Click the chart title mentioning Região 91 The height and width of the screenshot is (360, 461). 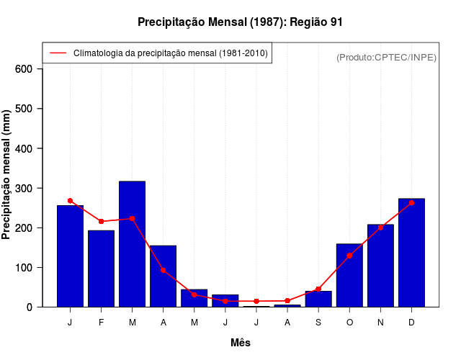[x=240, y=22]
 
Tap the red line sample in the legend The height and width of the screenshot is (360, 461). [x=58, y=53]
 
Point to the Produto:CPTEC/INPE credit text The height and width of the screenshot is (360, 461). [x=386, y=57]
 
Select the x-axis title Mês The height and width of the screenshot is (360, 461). [x=241, y=343]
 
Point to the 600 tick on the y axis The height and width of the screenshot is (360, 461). [x=24, y=69]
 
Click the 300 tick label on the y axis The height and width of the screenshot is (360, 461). [x=24, y=188]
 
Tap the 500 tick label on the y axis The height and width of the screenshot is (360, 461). [x=24, y=109]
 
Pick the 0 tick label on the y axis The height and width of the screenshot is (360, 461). [x=30, y=307]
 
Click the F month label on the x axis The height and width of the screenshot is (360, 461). [x=102, y=323]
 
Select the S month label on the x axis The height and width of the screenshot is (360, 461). [x=318, y=323]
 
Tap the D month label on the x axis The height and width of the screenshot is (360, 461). [x=411, y=323]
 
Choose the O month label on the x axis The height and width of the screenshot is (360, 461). [x=349, y=323]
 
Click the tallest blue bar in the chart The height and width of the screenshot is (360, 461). [x=133, y=245]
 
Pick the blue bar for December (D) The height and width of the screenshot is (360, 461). [x=411, y=253]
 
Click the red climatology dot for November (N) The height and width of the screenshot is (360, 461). [x=380, y=228]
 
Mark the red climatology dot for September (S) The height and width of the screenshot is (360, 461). [x=318, y=289]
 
